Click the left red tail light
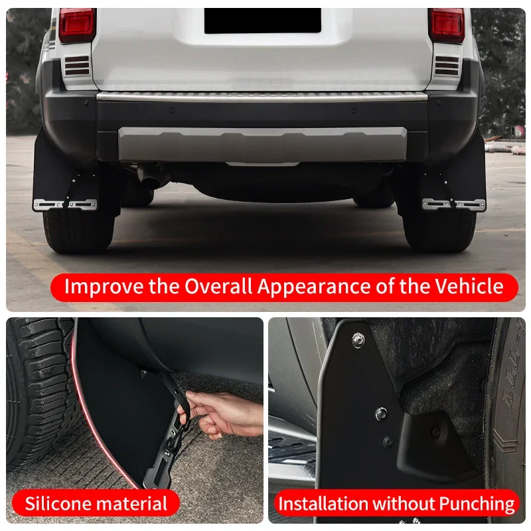click(x=76, y=25)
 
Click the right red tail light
click(x=447, y=25)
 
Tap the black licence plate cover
click(x=262, y=21)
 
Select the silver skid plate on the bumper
click(x=262, y=145)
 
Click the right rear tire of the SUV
click(x=440, y=230)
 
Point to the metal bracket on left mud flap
click(x=64, y=204)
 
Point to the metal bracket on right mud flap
click(x=454, y=204)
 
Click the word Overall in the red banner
click(x=218, y=287)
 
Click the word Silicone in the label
click(x=56, y=503)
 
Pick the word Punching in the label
click(x=477, y=504)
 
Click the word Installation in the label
click(x=323, y=504)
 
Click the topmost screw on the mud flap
click(x=358, y=340)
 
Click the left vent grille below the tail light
click(x=77, y=66)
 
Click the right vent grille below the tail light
click(x=446, y=66)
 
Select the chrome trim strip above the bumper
click(x=262, y=96)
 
